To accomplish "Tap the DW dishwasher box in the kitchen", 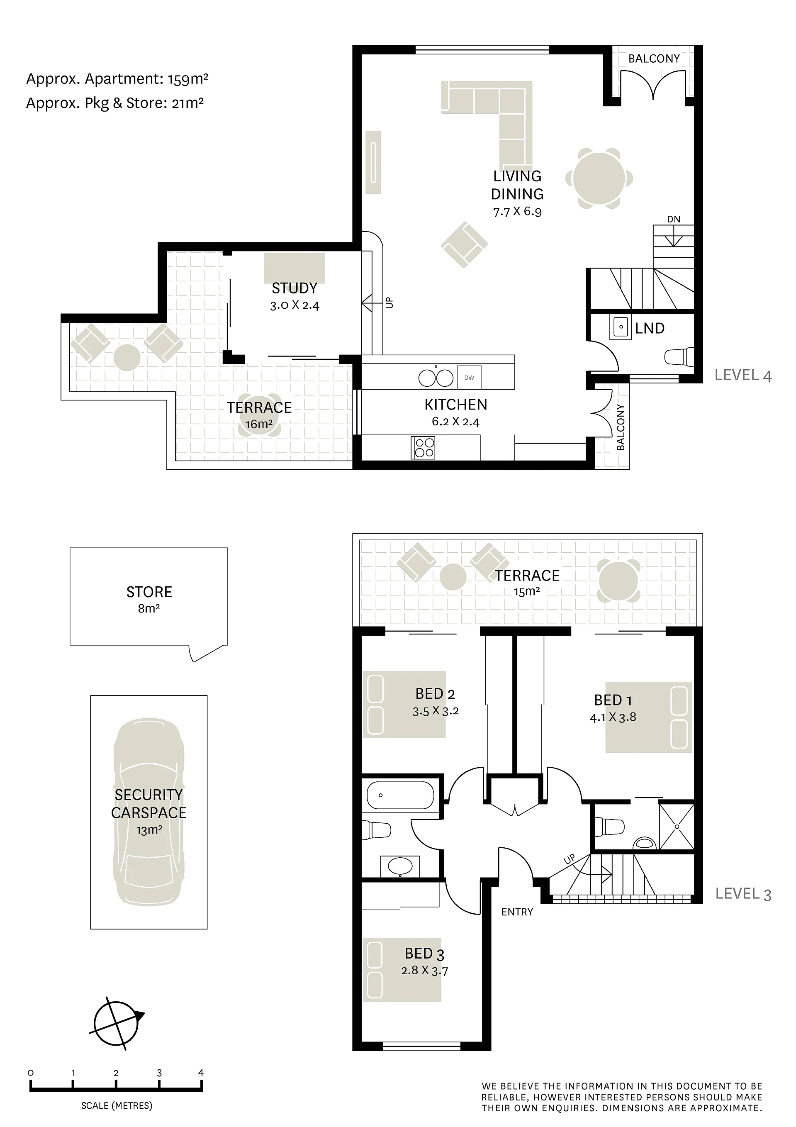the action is tap(469, 378).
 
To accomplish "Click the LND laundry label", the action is tap(650, 328).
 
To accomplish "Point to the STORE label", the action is tap(149, 592).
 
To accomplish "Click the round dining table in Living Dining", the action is tap(599, 178).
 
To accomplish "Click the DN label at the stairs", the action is tap(674, 219).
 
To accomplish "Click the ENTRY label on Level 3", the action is tap(517, 912).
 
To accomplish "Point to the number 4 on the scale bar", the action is tap(201, 1073).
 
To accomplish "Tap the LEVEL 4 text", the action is tap(743, 376).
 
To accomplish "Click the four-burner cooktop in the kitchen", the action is tap(423, 448).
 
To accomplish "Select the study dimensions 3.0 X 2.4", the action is tap(295, 305).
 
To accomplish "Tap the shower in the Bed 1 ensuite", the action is tap(676, 827).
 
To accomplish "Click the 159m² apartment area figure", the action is tap(188, 78).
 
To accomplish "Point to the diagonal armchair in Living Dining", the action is tap(464, 244).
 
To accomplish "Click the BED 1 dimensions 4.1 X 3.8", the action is tap(613, 717).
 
